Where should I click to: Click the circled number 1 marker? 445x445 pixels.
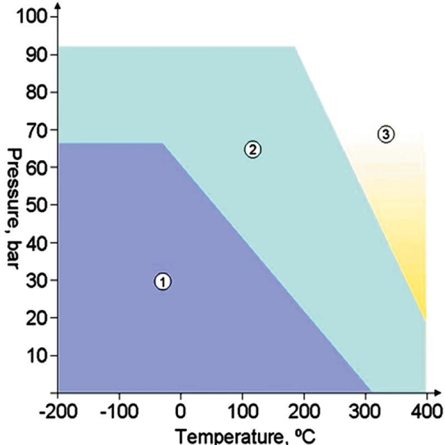point(162,282)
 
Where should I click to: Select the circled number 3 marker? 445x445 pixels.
point(385,134)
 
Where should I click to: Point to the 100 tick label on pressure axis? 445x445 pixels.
point(33,17)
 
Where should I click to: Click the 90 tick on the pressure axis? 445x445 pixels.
point(37,55)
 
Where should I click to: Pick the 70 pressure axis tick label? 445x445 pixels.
point(37,130)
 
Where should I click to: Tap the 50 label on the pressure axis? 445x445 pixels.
point(37,205)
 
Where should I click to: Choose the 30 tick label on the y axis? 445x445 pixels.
point(37,280)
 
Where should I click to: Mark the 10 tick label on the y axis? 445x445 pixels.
point(37,355)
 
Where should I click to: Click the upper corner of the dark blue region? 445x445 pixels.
point(163,143)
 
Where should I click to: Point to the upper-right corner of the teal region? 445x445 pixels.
point(294,47)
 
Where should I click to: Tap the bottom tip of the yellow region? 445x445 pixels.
point(426,321)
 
